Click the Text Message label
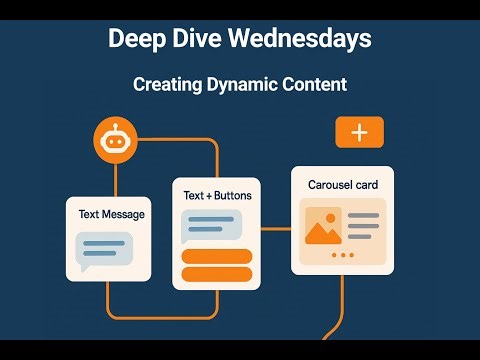pos(111,214)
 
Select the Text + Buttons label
pos(217,196)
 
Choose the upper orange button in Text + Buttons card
pos(217,257)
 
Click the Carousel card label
pos(342,185)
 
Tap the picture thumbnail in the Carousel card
pos(320,228)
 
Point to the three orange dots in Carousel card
pos(342,256)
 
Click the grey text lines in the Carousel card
pos(364,225)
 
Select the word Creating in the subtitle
pos(165,85)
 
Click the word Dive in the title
pos(201,39)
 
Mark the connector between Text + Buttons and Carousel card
pos(276,228)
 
